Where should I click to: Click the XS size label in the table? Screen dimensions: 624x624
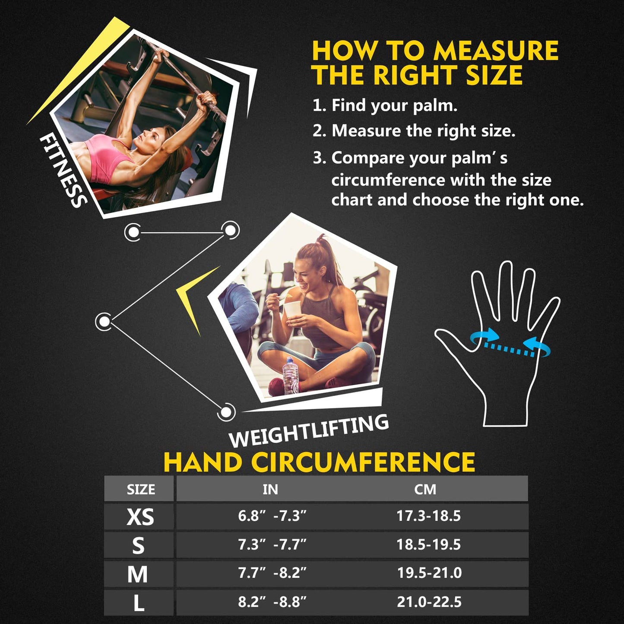point(140,516)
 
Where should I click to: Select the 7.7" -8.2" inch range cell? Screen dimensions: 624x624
point(272,573)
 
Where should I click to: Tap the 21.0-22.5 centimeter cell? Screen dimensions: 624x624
point(429,602)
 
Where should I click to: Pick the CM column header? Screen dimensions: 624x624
point(425,489)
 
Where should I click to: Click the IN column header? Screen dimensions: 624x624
point(270,489)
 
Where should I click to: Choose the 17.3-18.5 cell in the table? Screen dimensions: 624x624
point(429,516)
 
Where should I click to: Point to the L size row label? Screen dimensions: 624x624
point(139,603)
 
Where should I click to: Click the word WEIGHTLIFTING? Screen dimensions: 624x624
point(309,431)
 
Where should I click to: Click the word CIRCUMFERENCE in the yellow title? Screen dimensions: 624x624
point(363,462)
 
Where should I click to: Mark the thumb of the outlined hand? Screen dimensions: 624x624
point(453,341)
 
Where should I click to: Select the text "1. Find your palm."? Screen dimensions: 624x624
point(385,106)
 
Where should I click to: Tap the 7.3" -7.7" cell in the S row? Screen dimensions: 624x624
point(272,545)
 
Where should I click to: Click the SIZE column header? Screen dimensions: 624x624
point(141,489)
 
